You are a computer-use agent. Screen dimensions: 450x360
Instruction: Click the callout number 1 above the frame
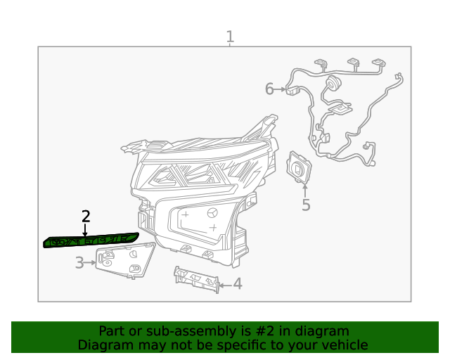pyautogui.click(x=230, y=37)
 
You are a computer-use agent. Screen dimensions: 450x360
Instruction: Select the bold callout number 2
pyautogui.click(x=86, y=217)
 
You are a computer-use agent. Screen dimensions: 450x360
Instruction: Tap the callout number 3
pyautogui.click(x=79, y=263)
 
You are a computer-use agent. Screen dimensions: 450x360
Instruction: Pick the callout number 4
pyautogui.click(x=238, y=283)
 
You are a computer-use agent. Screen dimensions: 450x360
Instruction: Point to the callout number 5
pyautogui.click(x=306, y=205)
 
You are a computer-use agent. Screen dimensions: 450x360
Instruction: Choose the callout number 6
pyautogui.click(x=269, y=89)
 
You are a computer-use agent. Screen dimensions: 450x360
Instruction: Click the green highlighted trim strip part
pyautogui.click(x=91, y=240)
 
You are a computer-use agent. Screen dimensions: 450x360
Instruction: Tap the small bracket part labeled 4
pyautogui.click(x=197, y=280)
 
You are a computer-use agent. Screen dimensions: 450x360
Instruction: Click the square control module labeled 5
pyautogui.click(x=299, y=167)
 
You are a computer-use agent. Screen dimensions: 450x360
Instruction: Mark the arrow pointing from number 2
pyautogui.click(x=84, y=231)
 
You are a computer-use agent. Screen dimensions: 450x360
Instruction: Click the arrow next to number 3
pyautogui.click(x=90, y=263)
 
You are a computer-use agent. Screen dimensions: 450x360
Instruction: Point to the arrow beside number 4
pyautogui.click(x=225, y=285)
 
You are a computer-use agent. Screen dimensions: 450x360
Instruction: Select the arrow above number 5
pyautogui.click(x=305, y=191)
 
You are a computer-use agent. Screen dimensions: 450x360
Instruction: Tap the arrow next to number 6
pyautogui.click(x=280, y=89)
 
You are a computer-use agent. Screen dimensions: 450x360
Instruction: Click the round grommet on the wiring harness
pyautogui.click(x=333, y=83)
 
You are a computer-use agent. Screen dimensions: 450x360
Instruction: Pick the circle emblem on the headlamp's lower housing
pyautogui.click(x=212, y=213)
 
